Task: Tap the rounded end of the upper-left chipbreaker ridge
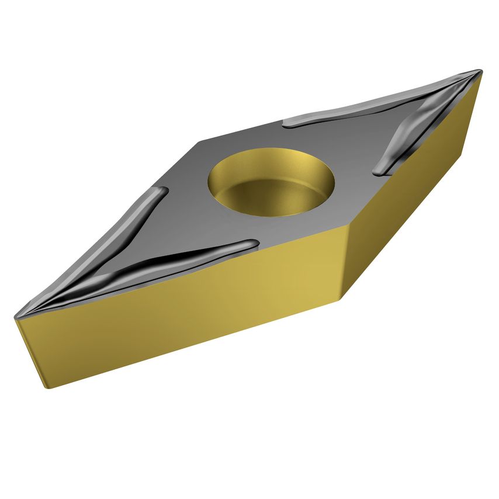click(163, 191)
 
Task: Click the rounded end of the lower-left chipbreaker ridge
click(252, 243)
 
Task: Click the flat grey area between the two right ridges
click(362, 131)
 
